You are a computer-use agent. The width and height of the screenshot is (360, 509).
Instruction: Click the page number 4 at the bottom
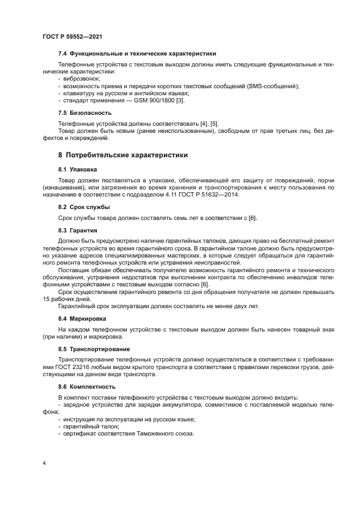(44, 462)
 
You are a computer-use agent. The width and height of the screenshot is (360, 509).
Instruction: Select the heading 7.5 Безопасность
(85, 113)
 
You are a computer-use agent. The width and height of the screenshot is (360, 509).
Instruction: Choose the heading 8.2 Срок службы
(84, 207)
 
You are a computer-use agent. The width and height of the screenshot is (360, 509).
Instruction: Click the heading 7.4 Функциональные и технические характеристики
(137, 53)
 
